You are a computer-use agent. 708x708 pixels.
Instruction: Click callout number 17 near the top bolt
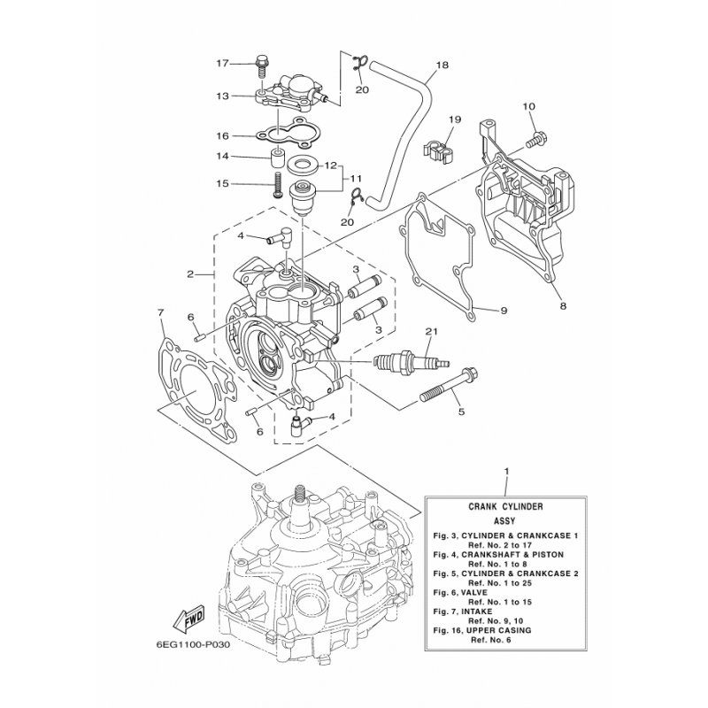click(222, 63)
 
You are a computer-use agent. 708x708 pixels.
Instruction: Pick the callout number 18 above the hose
click(442, 65)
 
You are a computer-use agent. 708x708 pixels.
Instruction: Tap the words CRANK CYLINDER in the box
click(505, 506)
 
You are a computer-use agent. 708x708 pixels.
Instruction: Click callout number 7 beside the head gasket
click(160, 312)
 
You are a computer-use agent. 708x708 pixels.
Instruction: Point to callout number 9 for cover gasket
click(503, 311)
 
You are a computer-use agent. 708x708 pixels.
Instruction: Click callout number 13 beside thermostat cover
click(222, 96)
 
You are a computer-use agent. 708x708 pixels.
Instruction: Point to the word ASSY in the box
click(505, 521)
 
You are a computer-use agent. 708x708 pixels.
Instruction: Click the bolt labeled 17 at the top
click(261, 63)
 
